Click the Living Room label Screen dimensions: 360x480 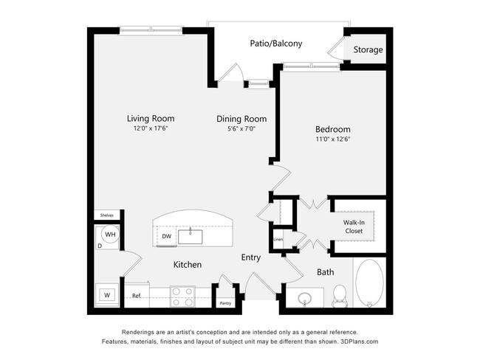click(150, 118)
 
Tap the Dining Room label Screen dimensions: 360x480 click(241, 119)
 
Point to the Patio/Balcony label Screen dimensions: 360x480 click(276, 44)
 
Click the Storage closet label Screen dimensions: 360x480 click(368, 50)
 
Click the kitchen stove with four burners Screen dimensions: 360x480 click(182, 297)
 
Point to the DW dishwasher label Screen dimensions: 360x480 click(166, 237)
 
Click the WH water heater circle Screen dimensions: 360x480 click(109, 235)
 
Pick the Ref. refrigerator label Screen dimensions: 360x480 click(136, 296)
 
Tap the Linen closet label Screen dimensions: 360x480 click(278, 239)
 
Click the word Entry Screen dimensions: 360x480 click(251, 257)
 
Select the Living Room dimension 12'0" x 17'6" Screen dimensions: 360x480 click(150, 128)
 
